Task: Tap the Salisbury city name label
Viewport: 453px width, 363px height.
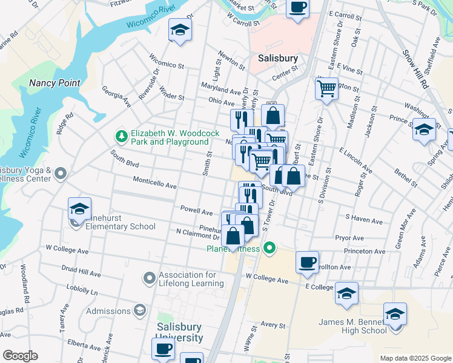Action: pos(278,59)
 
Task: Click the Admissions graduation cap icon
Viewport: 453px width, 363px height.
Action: pos(139,311)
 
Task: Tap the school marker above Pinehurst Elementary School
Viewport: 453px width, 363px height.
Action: pos(79,209)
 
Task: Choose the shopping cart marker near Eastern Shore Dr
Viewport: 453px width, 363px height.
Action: pos(326,89)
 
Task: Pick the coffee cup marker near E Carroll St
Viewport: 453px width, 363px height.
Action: pos(297,8)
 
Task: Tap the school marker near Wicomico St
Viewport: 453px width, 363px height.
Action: pos(180,30)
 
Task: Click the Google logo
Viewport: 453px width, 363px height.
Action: pos(20,356)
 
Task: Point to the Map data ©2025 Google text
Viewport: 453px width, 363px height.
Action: pos(415,358)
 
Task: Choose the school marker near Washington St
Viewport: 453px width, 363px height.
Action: pos(424,130)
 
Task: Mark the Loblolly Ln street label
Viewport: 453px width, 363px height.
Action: pos(82,288)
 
